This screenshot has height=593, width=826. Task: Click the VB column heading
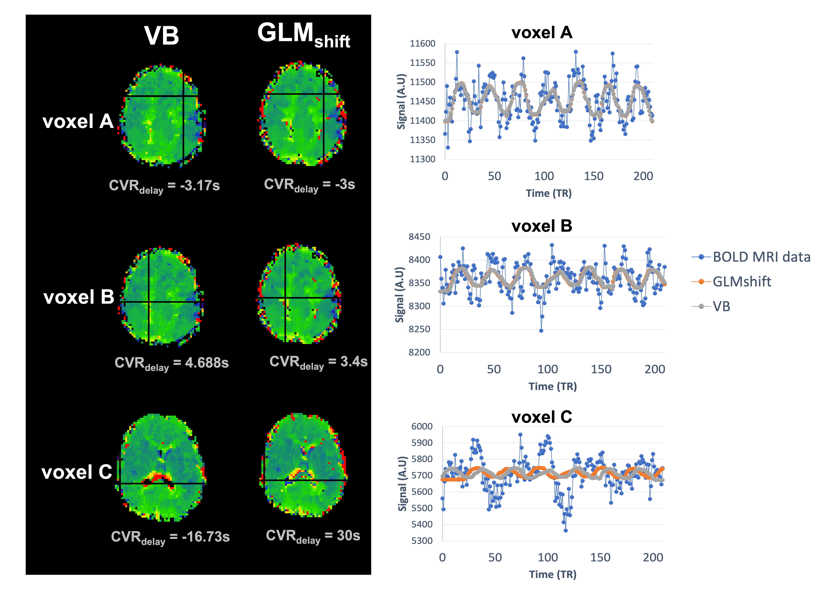click(161, 36)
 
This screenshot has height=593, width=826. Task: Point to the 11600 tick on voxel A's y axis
click(423, 44)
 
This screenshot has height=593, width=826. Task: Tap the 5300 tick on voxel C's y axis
click(422, 541)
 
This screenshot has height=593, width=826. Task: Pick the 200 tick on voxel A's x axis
click(643, 176)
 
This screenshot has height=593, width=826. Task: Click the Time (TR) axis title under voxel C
click(552, 574)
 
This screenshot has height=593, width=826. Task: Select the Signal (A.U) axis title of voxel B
click(400, 294)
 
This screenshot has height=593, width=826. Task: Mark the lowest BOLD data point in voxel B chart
click(541, 331)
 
